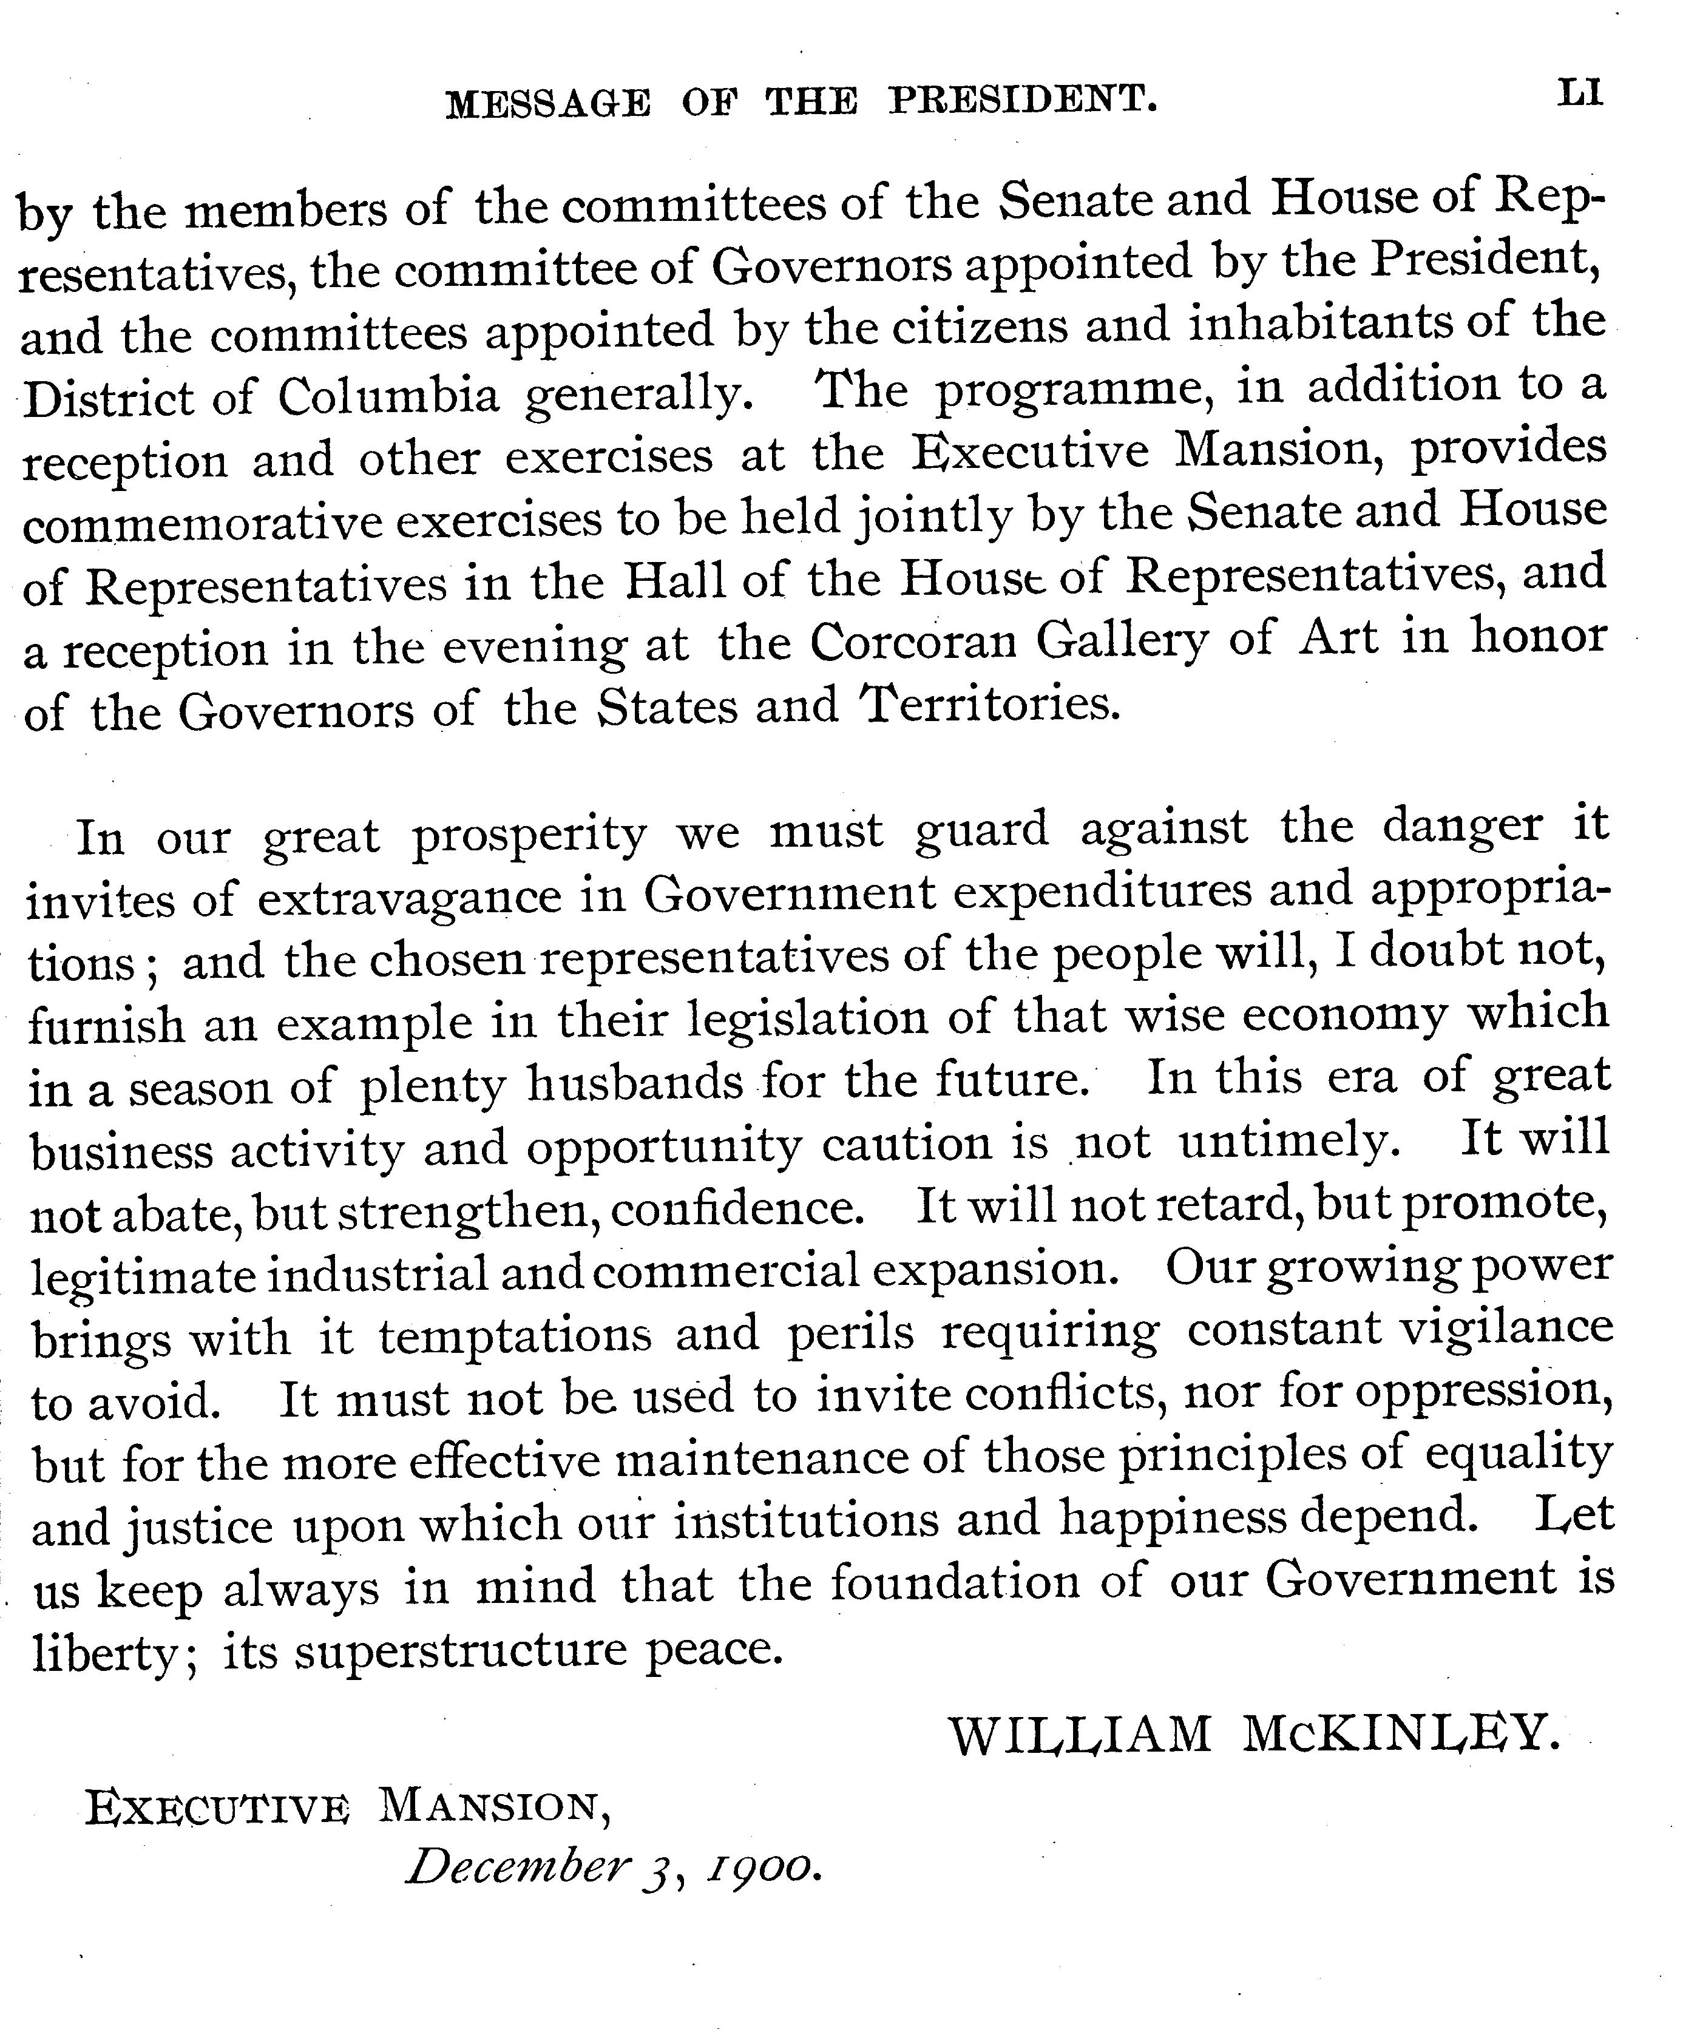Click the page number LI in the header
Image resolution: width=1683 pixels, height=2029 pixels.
tap(1580, 93)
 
